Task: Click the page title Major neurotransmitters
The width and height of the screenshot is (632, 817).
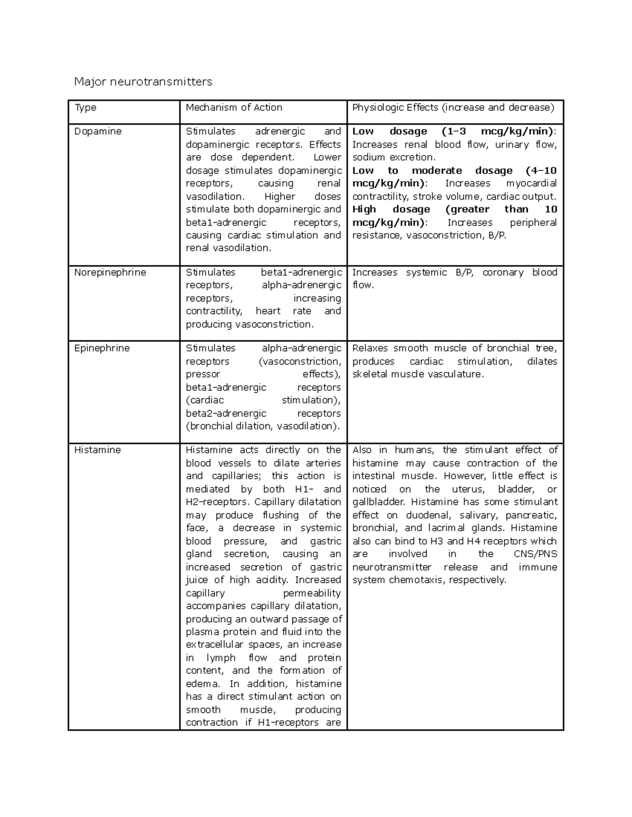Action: point(143,82)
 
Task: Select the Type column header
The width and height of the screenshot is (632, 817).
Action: point(85,108)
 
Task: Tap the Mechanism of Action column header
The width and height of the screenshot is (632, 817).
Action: point(234,108)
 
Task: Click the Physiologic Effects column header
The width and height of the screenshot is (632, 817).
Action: point(453,108)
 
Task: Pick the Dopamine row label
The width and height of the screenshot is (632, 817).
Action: point(98,132)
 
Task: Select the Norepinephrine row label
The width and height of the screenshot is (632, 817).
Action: point(110,273)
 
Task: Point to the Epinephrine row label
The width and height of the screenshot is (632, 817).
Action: point(102,348)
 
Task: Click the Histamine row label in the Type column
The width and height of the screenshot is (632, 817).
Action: point(97,450)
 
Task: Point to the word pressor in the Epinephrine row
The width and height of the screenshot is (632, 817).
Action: point(203,375)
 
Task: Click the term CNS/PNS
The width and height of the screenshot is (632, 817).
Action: point(535,554)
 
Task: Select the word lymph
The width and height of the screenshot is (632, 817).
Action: point(218,658)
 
